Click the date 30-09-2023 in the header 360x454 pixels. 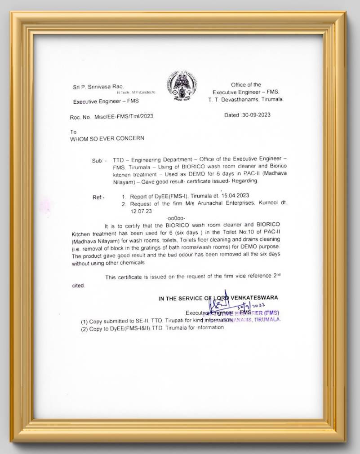point(254,115)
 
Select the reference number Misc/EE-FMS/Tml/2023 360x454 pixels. point(124,117)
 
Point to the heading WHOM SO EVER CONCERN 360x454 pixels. point(107,138)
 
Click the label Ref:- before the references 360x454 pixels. point(98,197)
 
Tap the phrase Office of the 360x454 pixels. point(246,84)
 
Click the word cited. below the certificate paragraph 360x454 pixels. point(78,285)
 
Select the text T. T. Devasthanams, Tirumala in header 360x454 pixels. point(245,99)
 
